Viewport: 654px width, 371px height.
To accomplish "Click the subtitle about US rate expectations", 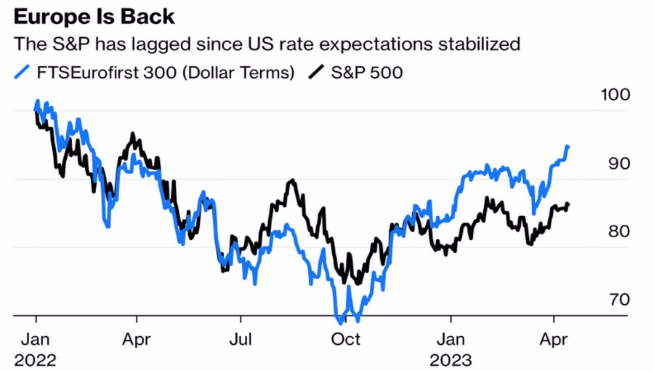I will pos(267,44).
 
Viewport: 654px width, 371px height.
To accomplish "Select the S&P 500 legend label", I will pos(366,72).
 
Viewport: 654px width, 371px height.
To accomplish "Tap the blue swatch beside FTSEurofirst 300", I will pos(23,72).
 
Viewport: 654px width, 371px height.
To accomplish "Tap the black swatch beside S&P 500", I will pos(317,72).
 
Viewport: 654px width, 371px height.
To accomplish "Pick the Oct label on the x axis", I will pos(346,339).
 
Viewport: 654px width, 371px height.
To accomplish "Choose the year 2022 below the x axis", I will pos(34,359).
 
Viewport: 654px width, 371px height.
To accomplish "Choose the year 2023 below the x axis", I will pos(451,359).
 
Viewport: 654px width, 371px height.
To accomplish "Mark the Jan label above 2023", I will pos(450,339).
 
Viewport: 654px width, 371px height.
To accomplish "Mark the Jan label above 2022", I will pos(34,339).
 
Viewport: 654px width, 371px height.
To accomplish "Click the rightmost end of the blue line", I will pos(568,147).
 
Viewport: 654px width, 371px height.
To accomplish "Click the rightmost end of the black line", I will pos(568,204).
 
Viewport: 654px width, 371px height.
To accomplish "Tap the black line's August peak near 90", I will pos(291,180).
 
